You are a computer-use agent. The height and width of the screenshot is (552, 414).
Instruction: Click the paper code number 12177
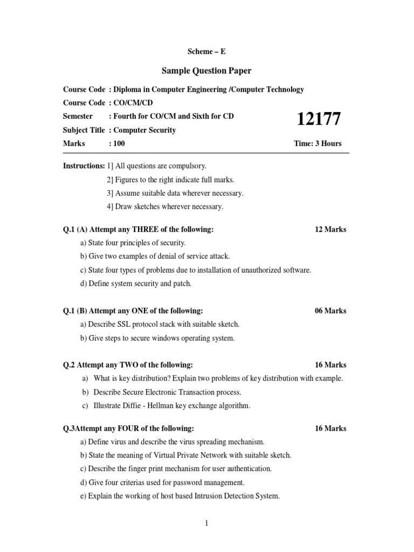click(319, 119)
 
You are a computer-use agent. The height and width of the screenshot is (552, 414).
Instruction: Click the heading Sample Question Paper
click(207, 71)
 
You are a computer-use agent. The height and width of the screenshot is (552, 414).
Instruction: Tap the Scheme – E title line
click(207, 52)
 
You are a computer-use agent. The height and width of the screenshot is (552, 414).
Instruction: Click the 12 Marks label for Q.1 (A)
click(330, 229)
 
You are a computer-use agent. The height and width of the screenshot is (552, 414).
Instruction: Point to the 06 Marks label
click(330, 311)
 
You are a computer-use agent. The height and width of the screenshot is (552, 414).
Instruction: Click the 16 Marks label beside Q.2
click(330, 365)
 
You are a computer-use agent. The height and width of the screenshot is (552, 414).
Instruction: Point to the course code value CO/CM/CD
click(130, 102)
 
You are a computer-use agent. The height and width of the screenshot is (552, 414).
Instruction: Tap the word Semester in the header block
click(78, 116)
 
